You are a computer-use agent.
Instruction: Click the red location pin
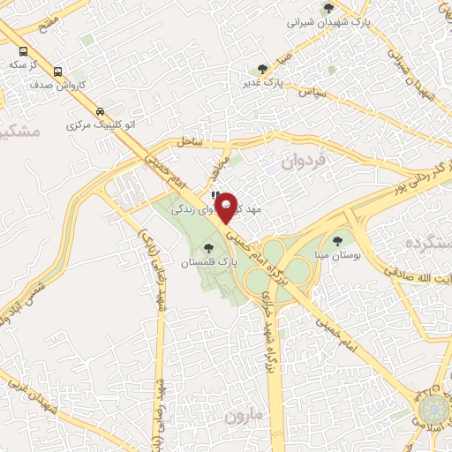point(225,208)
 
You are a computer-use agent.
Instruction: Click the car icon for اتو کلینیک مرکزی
point(101,111)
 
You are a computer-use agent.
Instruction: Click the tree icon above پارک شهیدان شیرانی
point(328,8)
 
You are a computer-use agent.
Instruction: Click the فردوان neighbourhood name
point(304,162)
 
